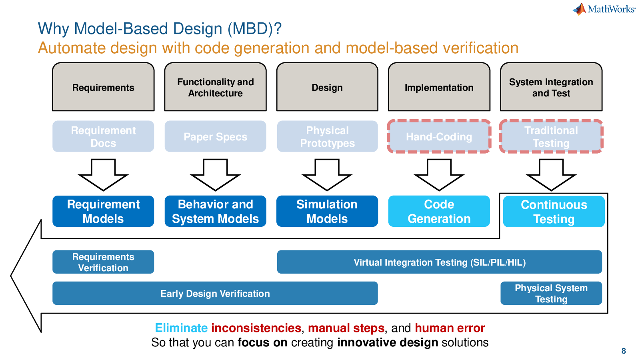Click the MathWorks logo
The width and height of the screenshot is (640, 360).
coord(604,9)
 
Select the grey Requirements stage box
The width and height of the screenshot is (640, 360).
coord(103,87)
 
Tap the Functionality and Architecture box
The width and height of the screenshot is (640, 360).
coord(215,87)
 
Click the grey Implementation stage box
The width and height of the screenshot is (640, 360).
coord(439,87)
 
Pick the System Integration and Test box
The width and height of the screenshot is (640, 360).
coord(551,87)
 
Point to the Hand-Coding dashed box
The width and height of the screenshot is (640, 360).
coord(439,136)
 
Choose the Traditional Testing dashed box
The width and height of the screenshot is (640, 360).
coord(551,136)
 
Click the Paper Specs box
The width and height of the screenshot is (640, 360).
coord(215,136)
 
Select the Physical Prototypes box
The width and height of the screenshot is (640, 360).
coord(327,136)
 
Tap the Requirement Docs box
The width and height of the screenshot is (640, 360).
coord(103,136)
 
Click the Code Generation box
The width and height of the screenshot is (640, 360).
coord(439,211)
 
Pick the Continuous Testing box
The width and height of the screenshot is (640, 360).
coord(554,212)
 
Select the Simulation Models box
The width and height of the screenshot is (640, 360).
coord(327,211)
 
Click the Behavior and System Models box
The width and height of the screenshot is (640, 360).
coord(215,211)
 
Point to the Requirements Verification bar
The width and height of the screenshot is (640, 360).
coord(103,262)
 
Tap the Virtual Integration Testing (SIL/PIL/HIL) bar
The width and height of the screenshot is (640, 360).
coord(439,262)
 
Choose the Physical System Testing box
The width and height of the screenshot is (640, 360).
coord(551,293)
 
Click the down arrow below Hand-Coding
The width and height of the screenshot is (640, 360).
coord(439,175)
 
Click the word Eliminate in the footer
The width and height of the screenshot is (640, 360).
coord(181,328)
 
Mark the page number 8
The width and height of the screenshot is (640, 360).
coord(624,351)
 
